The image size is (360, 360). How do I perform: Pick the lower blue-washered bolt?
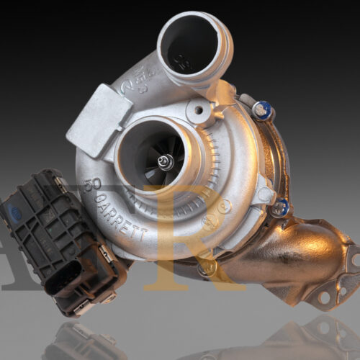(x=282, y=207)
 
